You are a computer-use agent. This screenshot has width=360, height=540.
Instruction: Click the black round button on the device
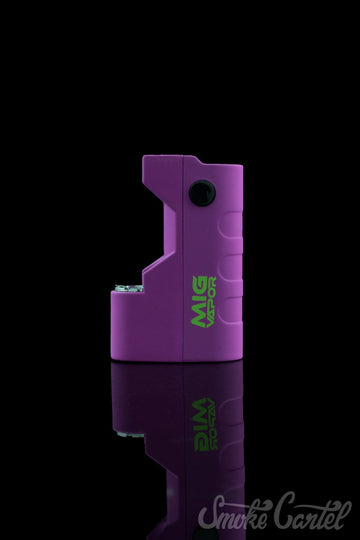click(x=202, y=193)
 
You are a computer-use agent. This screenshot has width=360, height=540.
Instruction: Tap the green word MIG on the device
click(x=199, y=302)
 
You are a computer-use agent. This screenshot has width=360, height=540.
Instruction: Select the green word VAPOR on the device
click(x=212, y=302)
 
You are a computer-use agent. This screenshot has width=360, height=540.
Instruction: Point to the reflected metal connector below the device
click(x=131, y=435)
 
